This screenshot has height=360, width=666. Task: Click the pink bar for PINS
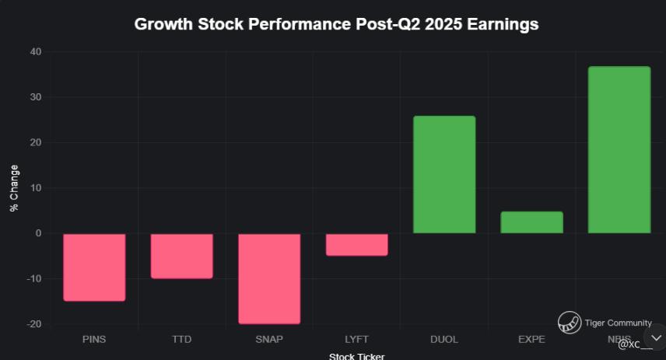coord(94,267)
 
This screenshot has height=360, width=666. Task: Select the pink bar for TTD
coord(181,256)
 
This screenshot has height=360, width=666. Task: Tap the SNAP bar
coord(269,278)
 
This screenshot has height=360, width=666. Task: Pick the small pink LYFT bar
coord(356,244)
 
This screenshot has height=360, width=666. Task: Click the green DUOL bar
coord(444,175)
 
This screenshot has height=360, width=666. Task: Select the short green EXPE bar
coord(531,222)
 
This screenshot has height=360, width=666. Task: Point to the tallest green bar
coord(619,150)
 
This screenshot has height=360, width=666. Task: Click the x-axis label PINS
coord(94,340)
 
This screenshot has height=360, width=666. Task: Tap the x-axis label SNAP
coord(269,340)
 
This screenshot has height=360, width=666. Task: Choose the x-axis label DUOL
coord(444,340)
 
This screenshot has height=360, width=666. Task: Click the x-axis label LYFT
coord(356,340)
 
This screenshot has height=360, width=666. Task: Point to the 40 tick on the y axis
coord(37,52)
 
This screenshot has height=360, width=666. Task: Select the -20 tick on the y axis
coord(34,324)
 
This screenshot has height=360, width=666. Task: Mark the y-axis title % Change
coord(14,188)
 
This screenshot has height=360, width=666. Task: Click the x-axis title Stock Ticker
coord(356,356)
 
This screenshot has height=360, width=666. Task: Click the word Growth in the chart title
coord(159,24)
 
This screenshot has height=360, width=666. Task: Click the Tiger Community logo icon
coord(570,322)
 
